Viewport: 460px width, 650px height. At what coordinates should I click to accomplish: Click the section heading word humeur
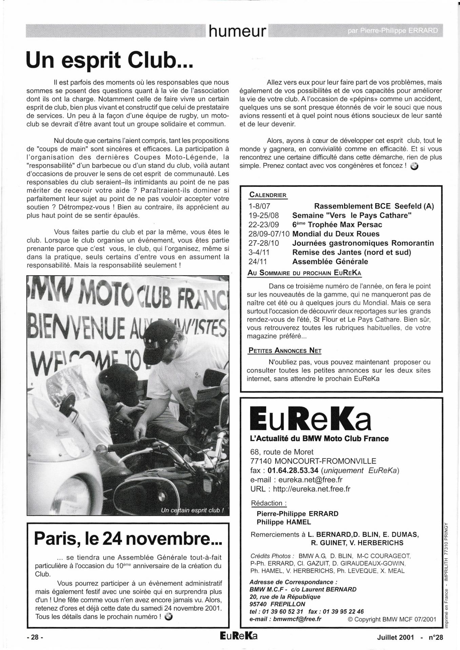pyautogui.click(x=237, y=31)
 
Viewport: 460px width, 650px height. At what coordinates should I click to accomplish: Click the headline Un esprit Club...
pyautogui.click(x=109, y=60)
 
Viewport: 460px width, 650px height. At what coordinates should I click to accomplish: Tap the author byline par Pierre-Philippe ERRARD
pyautogui.click(x=393, y=31)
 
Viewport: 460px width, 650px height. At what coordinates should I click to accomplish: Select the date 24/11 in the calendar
pyautogui.click(x=257, y=261)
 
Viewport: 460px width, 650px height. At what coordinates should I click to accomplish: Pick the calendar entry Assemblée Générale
pyautogui.click(x=330, y=261)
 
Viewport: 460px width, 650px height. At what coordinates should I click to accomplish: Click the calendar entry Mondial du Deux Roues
pyautogui.click(x=336, y=234)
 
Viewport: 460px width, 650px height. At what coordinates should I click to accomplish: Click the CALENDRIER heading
pyautogui.click(x=268, y=195)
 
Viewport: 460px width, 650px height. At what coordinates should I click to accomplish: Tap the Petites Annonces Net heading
pyautogui.click(x=285, y=350)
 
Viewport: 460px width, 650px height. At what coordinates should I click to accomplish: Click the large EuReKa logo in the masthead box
pyautogui.click(x=310, y=420)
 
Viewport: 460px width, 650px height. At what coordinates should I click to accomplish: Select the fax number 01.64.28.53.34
pyautogui.click(x=293, y=470)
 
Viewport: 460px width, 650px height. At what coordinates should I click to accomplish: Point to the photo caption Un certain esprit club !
pyautogui.click(x=192, y=510)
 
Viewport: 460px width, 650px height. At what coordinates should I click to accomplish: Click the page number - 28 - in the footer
pyautogui.click(x=35, y=637)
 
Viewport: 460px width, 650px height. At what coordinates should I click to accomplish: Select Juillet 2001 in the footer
pyautogui.click(x=396, y=637)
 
